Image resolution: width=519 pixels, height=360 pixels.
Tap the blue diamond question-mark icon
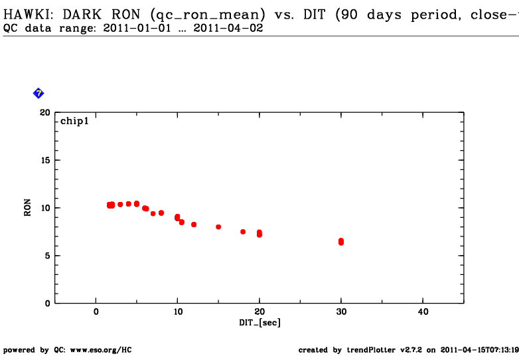pos(38,93)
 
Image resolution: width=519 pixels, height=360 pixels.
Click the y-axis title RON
pos(28,208)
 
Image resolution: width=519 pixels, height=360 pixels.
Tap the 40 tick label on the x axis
pos(422,312)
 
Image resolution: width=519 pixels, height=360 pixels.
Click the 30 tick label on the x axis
pos(341,312)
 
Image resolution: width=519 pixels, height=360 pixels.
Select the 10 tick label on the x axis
pos(177,312)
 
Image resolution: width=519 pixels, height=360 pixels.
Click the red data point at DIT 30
pos(341,242)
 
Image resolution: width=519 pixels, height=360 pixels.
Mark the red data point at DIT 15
pos(218,227)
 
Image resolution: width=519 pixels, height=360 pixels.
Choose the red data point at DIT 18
pos(243,232)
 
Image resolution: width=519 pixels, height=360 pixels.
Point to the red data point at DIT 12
pos(194,225)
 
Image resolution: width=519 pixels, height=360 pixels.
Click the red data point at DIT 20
pos(259,233)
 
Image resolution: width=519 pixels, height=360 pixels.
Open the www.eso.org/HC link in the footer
pos(101,350)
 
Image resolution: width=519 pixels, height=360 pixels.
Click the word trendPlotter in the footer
pos(364,350)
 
